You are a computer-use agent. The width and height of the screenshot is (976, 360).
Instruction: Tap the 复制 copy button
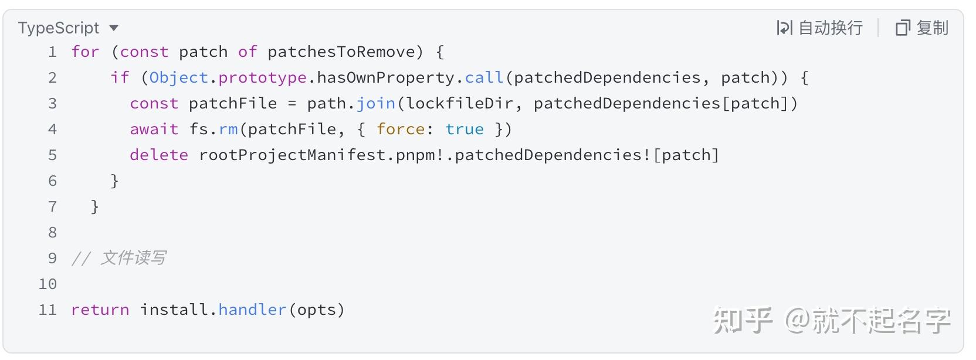922,28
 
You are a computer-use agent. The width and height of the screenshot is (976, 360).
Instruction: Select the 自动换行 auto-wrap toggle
819,28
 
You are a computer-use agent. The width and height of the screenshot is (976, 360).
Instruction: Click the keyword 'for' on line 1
86,52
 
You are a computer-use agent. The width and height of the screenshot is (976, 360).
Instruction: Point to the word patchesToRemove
341,52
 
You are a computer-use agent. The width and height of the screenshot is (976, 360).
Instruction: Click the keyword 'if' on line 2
120,77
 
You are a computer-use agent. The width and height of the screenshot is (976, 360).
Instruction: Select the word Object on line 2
179,77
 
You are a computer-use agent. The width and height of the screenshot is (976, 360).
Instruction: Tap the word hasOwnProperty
385,77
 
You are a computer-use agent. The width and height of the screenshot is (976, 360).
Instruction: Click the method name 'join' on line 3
375,103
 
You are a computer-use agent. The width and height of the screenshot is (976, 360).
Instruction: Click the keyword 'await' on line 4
154,129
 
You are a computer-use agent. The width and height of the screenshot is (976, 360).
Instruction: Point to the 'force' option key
401,129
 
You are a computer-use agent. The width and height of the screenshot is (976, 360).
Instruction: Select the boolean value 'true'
465,129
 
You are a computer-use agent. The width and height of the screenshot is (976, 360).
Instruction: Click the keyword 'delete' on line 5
159,155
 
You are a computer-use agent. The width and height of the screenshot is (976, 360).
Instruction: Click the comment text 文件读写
133,258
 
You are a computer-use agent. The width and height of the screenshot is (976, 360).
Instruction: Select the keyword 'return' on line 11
100,310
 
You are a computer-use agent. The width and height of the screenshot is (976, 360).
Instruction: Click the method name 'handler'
252,310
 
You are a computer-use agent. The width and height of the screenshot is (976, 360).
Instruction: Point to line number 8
52,232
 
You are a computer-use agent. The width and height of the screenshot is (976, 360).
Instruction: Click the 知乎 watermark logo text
743,320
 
